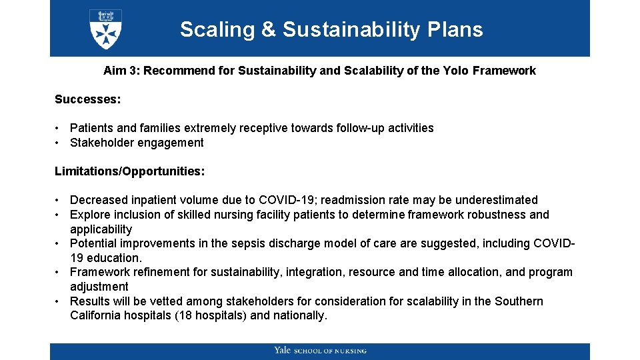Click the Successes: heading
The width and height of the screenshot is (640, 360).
coord(87,99)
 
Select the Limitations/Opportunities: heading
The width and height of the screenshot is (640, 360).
coord(129,171)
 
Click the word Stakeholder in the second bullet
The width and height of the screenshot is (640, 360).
coord(101,143)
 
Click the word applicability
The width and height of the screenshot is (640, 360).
coord(101,229)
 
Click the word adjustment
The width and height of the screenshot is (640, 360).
coord(99,287)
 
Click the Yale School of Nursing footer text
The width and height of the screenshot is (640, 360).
coord(320,351)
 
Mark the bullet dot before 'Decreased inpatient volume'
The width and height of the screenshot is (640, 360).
coord(59,200)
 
